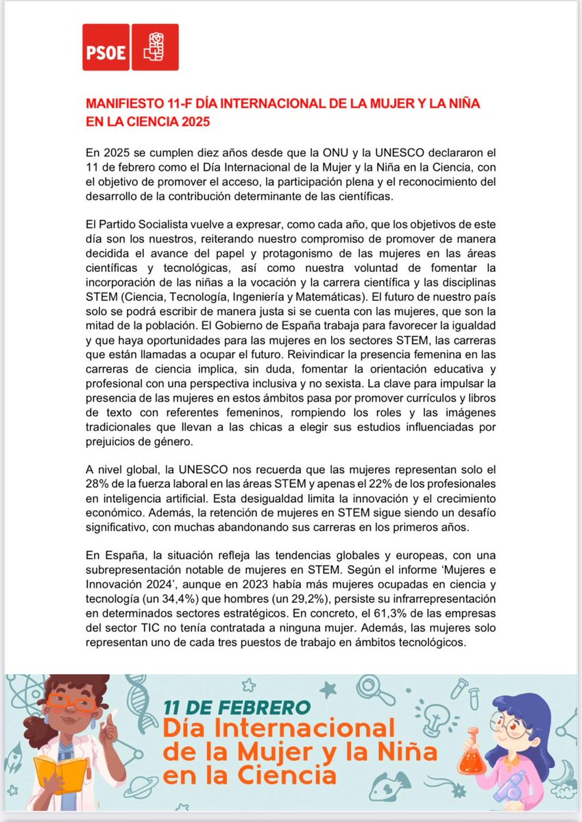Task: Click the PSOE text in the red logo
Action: pyautogui.click(x=106, y=53)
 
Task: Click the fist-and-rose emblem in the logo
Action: pyautogui.click(x=155, y=47)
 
